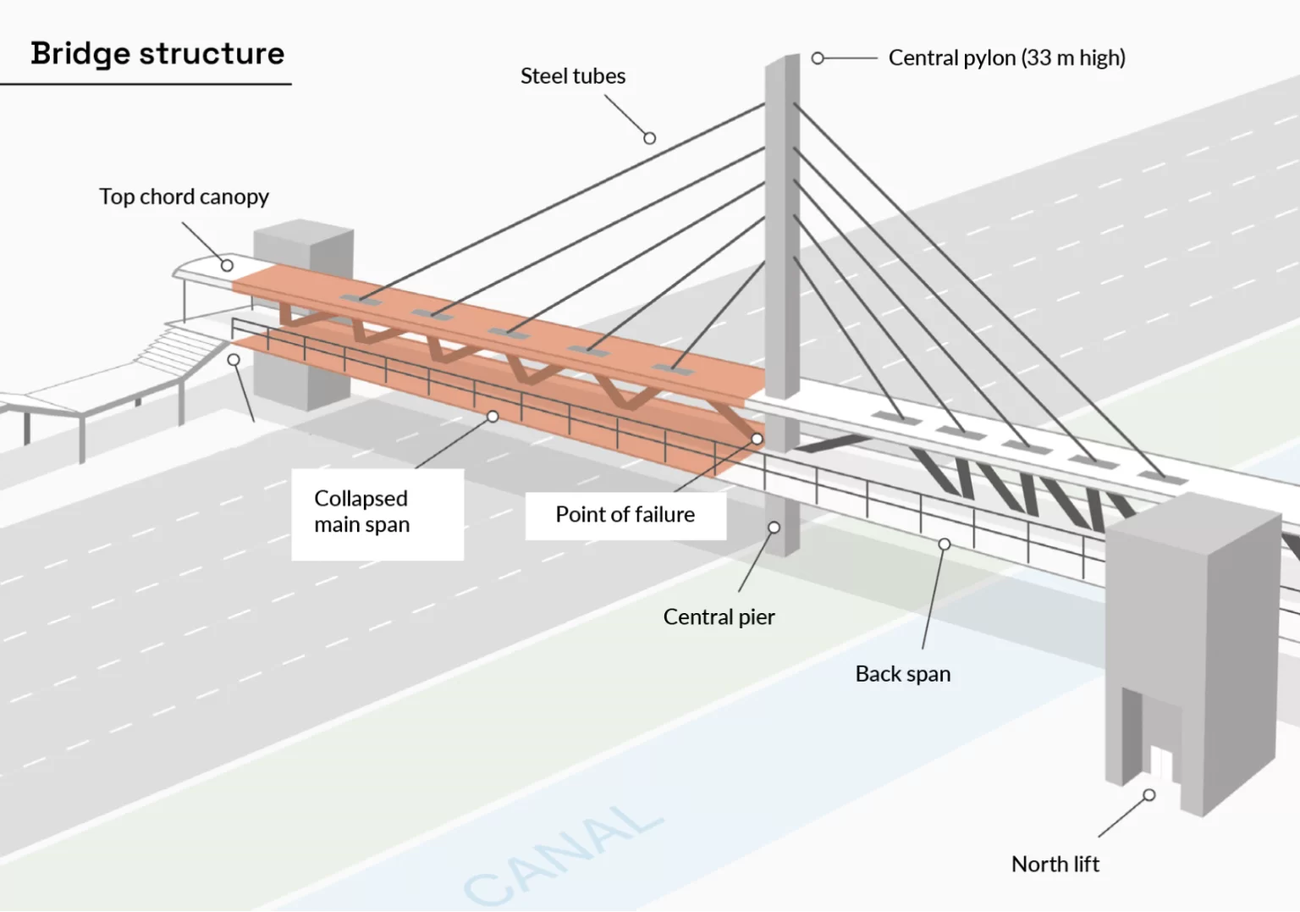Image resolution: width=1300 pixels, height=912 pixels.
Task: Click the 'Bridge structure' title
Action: tap(157, 53)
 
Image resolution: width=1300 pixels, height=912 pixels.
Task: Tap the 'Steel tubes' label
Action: tap(573, 76)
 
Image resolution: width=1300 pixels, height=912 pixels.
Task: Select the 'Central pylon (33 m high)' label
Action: tap(1006, 58)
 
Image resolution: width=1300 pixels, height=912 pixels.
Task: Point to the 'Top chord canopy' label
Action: tap(184, 196)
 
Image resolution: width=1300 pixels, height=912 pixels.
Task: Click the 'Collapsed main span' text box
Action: tap(377, 513)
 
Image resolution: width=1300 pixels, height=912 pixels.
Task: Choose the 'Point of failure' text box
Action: tap(625, 515)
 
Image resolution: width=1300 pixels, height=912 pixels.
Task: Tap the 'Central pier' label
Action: tap(719, 616)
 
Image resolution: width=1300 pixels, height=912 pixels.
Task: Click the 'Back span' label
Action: tap(902, 674)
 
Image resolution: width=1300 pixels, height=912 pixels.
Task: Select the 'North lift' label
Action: tap(1055, 864)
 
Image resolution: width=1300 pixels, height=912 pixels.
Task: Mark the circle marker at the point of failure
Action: tap(757, 439)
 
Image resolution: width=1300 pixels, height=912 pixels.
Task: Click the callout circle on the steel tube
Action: tap(649, 138)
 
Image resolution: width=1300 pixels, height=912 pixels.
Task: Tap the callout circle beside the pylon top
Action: tap(818, 58)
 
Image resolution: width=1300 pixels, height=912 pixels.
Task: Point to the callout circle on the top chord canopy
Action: tap(227, 265)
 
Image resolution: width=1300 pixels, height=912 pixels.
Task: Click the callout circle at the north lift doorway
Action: tap(1149, 795)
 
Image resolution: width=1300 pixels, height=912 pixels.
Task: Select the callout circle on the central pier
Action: tap(774, 528)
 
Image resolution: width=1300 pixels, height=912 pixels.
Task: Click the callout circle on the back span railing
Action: tap(945, 544)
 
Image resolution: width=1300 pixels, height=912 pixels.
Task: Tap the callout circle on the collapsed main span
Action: tap(493, 417)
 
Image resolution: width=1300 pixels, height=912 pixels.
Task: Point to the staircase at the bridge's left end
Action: tap(174, 349)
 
